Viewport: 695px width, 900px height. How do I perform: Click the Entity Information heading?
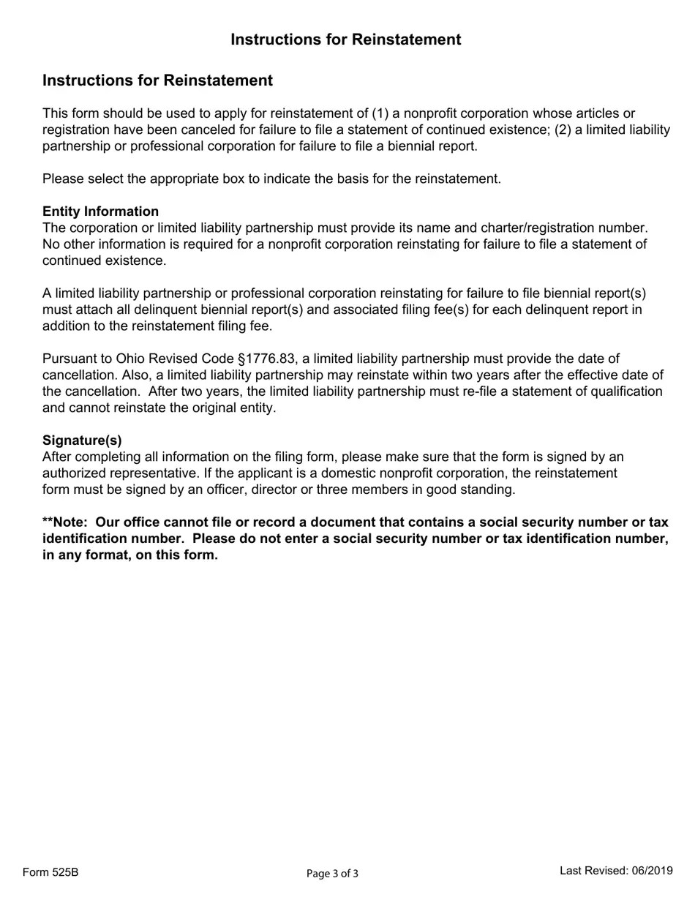(100, 211)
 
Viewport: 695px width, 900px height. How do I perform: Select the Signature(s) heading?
(82, 440)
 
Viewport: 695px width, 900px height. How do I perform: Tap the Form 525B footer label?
(50, 872)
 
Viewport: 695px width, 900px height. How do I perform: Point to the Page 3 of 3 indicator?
(332, 873)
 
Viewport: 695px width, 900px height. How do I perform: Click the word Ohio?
(132, 359)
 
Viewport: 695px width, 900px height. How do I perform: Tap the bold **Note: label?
(67, 522)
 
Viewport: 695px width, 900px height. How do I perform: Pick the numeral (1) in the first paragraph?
(380, 113)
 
